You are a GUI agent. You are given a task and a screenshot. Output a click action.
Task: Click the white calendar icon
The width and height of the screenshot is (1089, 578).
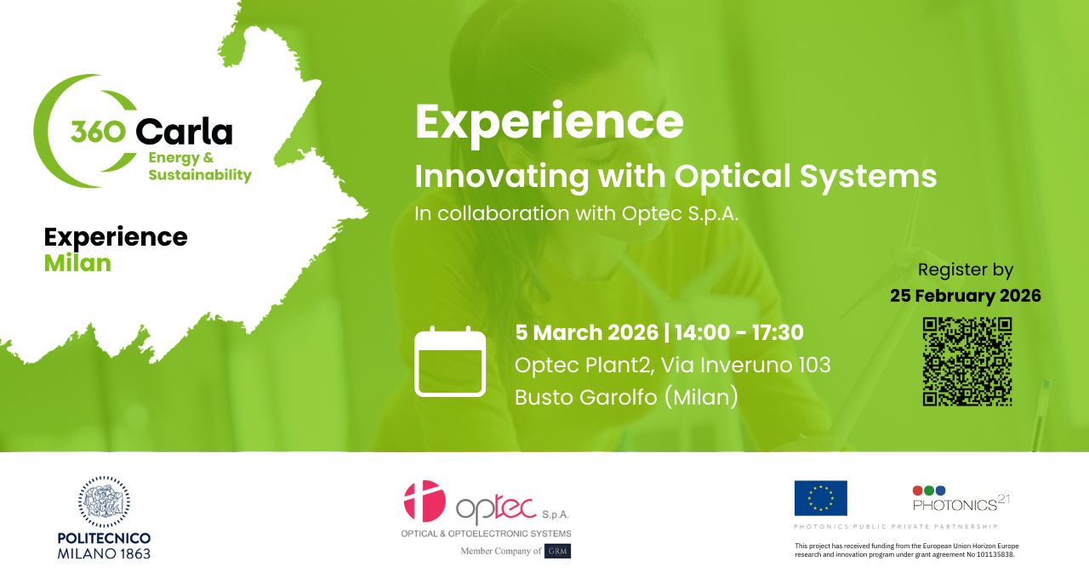point(450,361)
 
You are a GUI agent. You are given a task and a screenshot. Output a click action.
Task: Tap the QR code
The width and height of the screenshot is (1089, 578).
point(967,361)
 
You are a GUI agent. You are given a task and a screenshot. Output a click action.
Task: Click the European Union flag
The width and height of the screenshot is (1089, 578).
point(821,498)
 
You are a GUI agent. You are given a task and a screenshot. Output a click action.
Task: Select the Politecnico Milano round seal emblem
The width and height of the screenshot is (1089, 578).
point(104,501)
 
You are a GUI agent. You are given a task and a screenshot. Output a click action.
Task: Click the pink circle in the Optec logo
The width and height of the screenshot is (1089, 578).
point(425,501)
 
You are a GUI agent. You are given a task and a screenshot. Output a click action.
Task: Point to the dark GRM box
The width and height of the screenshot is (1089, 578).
point(557,551)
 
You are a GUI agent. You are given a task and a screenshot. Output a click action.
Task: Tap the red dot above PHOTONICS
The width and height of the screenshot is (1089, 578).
point(918,490)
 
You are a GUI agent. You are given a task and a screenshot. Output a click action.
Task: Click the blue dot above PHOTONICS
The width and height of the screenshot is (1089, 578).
point(940,490)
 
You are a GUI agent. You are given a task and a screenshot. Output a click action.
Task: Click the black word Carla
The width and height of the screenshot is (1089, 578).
point(184,131)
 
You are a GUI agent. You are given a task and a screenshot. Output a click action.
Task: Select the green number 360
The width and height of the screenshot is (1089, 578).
point(98,132)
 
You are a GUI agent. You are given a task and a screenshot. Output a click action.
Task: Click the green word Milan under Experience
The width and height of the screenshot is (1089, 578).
point(77,263)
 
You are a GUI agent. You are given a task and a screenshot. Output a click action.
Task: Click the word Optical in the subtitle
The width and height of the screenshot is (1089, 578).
point(733,176)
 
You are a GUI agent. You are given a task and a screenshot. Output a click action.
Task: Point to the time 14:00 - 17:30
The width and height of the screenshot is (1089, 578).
point(738,332)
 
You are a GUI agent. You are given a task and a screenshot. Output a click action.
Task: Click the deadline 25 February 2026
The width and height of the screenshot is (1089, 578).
point(966,296)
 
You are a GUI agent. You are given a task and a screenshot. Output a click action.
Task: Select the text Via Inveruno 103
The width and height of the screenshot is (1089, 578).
point(746,365)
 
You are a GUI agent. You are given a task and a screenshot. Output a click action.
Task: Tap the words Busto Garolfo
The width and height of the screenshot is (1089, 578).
point(586,397)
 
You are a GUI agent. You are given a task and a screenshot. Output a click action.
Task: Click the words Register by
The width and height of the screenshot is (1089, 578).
point(966,270)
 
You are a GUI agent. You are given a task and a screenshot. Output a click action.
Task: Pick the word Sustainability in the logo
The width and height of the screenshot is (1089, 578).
point(200,175)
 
